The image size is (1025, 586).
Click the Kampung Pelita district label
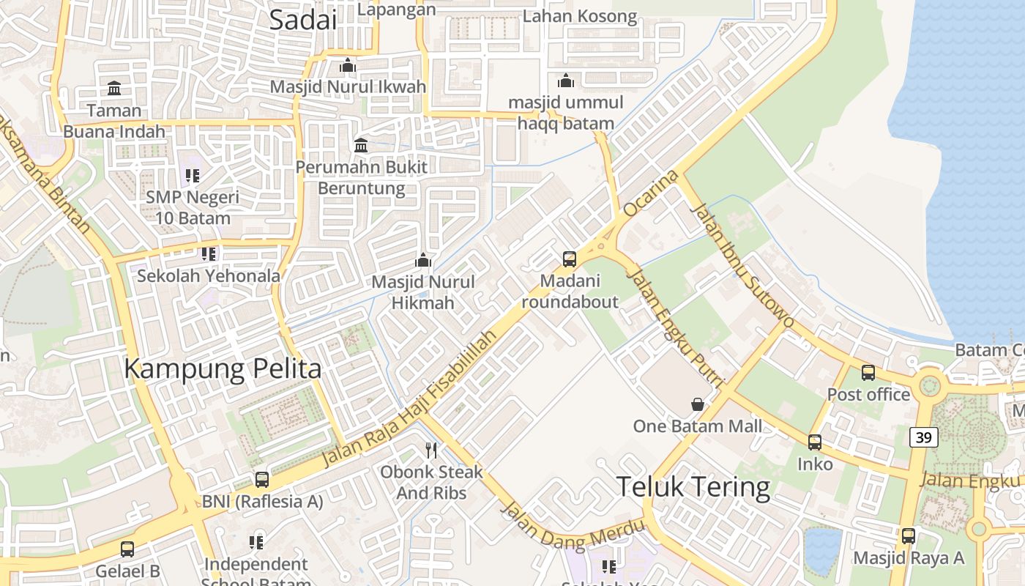click(223, 368)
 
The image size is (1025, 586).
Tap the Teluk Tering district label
click(693, 487)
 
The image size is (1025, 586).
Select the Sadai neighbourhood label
click(303, 20)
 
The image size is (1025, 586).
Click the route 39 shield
click(924, 437)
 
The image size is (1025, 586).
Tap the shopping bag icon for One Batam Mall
click(698, 404)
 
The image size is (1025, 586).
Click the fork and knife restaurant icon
click(431, 450)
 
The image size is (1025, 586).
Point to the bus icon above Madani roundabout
click(570, 259)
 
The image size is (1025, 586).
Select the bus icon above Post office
click(868, 373)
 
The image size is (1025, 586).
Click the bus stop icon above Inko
click(815, 442)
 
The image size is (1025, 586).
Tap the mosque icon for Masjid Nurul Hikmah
click(423, 260)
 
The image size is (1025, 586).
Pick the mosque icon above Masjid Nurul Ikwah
click(348, 66)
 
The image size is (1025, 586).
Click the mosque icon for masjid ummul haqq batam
click(566, 81)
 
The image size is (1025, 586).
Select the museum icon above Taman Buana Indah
click(114, 89)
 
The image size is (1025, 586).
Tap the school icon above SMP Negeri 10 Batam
click(193, 176)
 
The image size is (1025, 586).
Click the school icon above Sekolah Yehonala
click(209, 254)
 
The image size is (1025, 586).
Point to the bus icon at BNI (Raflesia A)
click(262, 480)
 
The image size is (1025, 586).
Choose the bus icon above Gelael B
click(127, 549)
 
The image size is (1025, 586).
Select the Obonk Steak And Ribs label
click(431, 482)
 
